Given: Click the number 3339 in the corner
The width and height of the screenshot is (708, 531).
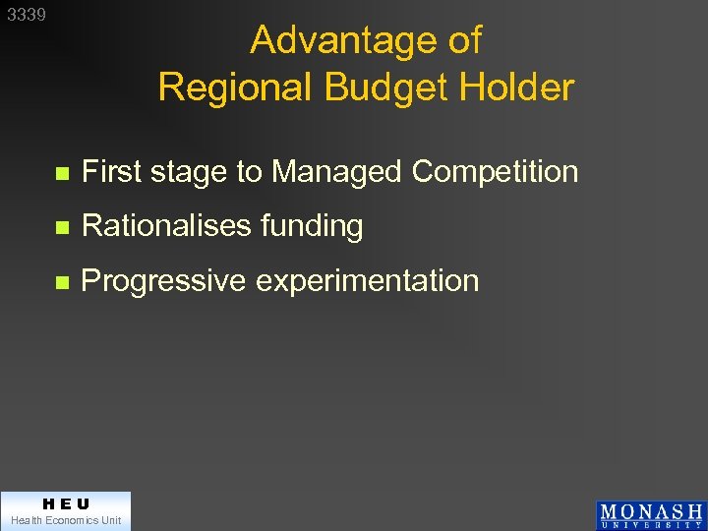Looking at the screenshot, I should click(27, 16).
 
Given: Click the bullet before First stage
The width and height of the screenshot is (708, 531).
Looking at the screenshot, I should click(61, 174).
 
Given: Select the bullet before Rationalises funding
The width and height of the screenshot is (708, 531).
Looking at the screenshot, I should click(61, 227).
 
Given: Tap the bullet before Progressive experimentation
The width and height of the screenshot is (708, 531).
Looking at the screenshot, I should click(61, 282).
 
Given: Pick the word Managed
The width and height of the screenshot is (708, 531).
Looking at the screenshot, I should click(337, 173).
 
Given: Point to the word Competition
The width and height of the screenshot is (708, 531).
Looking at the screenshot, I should click(495, 173).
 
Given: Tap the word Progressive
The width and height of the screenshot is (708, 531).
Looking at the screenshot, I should click(163, 281).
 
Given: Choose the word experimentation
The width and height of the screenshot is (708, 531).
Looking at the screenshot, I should click(368, 281).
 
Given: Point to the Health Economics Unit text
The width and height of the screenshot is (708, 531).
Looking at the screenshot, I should click(65, 520).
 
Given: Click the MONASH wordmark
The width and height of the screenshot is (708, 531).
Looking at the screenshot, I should click(651, 511).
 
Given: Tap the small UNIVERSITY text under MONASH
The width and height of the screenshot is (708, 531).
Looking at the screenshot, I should click(651, 525).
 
